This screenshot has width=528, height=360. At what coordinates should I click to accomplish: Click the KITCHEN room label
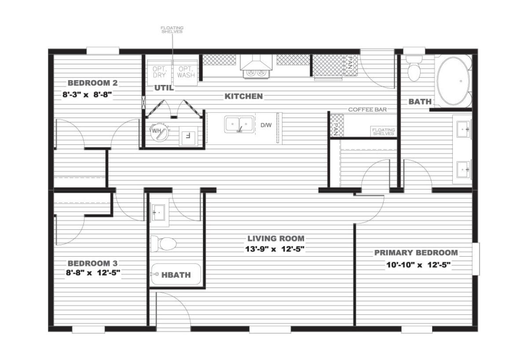(243, 96)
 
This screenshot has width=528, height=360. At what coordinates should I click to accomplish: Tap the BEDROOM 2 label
(92, 83)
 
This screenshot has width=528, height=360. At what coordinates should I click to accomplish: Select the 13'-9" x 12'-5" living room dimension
(275, 249)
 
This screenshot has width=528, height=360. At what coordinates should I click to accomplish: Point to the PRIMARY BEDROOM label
(416, 253)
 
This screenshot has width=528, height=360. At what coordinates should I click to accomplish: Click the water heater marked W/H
(160, 132)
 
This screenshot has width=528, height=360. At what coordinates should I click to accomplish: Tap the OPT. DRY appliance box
(160, 72)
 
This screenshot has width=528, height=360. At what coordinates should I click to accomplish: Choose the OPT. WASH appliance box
(186, 72)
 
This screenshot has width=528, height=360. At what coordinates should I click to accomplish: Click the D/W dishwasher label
(266, 125)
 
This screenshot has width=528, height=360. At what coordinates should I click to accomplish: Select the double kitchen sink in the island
(239, 124)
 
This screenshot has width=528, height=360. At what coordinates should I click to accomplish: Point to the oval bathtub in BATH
(453, 81)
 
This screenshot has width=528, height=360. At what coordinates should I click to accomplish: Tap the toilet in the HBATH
(164, 243)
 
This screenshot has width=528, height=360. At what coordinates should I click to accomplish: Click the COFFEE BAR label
(367, 110)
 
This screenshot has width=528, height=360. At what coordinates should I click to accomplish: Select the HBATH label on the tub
(176, 275)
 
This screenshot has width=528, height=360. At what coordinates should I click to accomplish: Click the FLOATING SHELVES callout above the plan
(172, 29)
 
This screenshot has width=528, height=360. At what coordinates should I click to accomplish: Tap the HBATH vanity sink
(158, 213)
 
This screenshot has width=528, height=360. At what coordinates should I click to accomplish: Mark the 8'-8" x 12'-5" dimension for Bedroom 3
(93, 273)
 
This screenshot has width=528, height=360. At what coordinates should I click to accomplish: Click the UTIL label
(164, 88)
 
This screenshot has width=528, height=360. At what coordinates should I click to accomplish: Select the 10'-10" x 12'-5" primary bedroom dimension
(418, 265)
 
